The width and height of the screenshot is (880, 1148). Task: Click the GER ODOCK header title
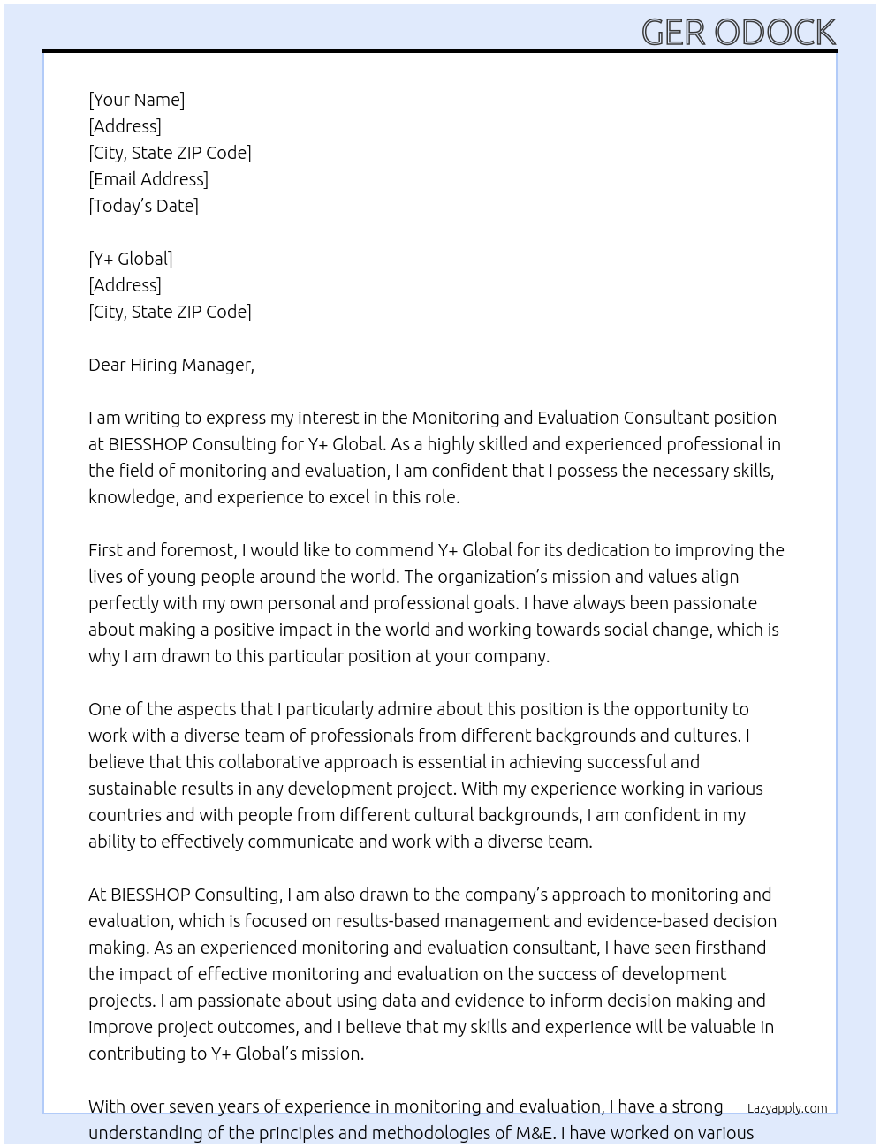tap(738, 32)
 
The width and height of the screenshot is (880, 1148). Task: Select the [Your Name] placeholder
tap(136, 100)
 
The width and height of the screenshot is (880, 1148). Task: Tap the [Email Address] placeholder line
tap(148, 179)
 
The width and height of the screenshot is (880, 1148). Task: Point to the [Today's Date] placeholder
tap(143, 206)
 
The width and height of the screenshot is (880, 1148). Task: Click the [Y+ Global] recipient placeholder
tap(131, 259)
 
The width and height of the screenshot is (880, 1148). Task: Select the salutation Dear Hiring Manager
tap(171, 365)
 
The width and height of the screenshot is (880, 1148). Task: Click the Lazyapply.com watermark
tap(786, 1108)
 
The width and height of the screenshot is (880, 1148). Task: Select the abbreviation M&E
tap(533, 1133)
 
